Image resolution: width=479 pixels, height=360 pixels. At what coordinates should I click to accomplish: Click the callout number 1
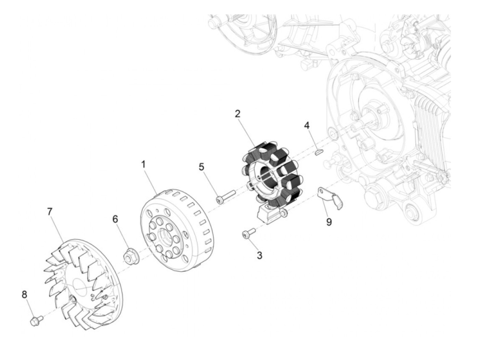pos(143,165)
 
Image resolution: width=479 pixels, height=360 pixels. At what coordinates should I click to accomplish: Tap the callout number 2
pos(238,114)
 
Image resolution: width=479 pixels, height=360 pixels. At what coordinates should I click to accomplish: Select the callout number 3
pos(260,255)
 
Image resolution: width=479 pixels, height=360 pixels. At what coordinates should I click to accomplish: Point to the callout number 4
pos(307,126)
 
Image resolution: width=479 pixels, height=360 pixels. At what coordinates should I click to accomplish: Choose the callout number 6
pos(115,219)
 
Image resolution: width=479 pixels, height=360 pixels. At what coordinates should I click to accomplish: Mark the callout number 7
pos(50,211)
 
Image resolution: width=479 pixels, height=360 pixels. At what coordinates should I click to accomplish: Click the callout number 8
pos(24,295)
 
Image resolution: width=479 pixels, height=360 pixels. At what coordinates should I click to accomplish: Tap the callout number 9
pos(329,222)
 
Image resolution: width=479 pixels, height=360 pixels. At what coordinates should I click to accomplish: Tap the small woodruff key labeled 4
pos(318,152)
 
